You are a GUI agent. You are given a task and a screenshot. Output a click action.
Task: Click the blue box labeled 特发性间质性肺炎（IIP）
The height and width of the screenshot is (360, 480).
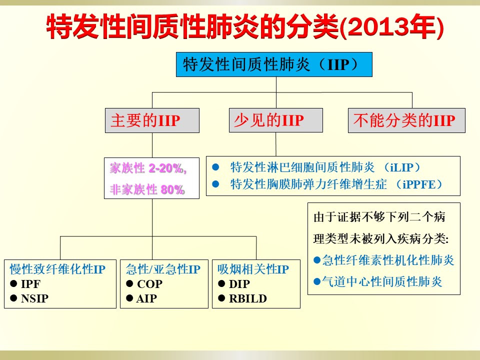click(274, 64)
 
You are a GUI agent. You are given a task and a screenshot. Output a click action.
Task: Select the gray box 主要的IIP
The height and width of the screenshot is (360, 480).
click(152, 120)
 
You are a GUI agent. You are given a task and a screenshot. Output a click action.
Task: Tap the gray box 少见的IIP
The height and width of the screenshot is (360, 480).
click(276, 120)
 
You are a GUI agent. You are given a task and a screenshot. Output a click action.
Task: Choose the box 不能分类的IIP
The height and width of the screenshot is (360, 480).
click(406, 120)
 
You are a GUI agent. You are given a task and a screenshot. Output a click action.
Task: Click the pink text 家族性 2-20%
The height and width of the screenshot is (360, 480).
click(148, 168)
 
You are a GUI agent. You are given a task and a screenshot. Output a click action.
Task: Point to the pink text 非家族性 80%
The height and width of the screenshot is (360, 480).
click(147, 189)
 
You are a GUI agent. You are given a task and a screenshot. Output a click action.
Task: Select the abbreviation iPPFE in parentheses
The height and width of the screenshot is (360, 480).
click(419, 184)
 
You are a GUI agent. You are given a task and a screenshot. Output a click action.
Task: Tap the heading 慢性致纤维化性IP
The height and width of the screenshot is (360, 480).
click(57, 269)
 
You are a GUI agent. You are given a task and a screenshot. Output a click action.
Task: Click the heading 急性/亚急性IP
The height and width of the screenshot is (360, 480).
click(163, 269)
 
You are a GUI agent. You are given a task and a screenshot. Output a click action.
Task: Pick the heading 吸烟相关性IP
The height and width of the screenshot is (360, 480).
click(253, 269)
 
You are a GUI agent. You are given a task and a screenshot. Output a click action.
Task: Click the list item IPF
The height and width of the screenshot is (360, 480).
click(30, 284)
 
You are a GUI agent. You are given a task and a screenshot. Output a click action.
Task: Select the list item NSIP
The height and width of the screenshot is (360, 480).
click(34, 298)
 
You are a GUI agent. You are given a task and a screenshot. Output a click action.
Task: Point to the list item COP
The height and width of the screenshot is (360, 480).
click(149, 284)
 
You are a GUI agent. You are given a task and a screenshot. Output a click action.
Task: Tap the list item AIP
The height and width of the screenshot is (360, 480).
click(146, 298)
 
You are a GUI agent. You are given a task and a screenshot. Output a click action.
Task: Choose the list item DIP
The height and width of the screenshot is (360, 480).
click(239, 284)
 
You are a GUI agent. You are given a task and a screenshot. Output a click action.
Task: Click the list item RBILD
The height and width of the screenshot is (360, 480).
click(248, 298)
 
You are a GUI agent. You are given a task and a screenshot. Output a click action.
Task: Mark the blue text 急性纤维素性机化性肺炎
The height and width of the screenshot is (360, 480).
click(388, 260)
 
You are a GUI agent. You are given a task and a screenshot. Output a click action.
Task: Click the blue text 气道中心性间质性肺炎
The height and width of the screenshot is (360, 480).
click(382, 281)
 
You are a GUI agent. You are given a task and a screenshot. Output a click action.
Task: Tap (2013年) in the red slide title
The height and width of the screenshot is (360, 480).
click(392, 27)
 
